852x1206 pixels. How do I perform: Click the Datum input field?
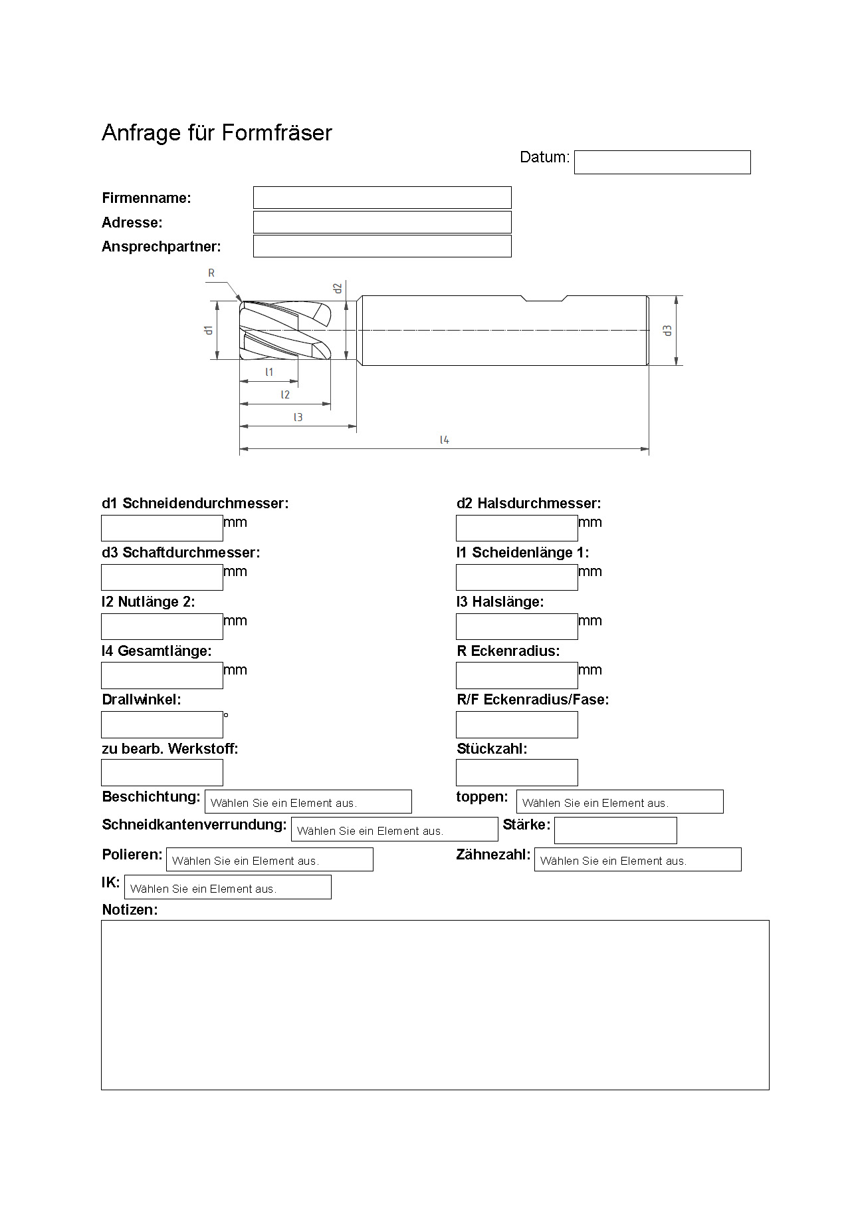point(662,162)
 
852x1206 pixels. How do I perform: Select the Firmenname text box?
point(382,198)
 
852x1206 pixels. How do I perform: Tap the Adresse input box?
point(382,222)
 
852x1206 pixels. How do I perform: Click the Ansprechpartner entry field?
point(382,246)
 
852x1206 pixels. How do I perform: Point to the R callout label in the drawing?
point(211,273)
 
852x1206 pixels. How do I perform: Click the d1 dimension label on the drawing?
point(209,330)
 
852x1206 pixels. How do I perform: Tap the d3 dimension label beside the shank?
point(668,330)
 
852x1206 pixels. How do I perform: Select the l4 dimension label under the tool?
point(444,440)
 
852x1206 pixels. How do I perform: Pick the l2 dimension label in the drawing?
point(285,394)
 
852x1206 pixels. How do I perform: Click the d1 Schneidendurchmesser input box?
point(161,528)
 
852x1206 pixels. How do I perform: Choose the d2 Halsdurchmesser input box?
point(516,528)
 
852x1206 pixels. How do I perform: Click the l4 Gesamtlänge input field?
point(161,675)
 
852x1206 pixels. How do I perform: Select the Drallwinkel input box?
point(161,724)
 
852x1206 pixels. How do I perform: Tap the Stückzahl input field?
point(516,772)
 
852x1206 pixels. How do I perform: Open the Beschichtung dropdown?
point(308,802)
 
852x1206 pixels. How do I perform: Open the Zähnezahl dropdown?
point(637,859)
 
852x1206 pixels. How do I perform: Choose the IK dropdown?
point(227,887)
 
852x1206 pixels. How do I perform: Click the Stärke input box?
point(615,830)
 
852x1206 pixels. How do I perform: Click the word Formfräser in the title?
point(276,133)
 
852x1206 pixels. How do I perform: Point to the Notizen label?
point(130,909)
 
